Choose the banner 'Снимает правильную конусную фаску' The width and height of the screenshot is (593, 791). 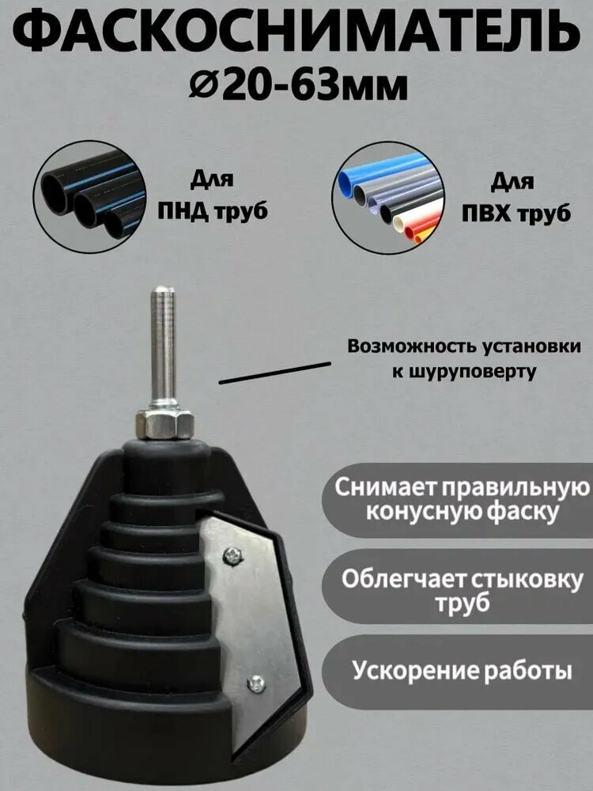(459, 500)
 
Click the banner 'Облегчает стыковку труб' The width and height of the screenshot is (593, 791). (459, 590)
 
